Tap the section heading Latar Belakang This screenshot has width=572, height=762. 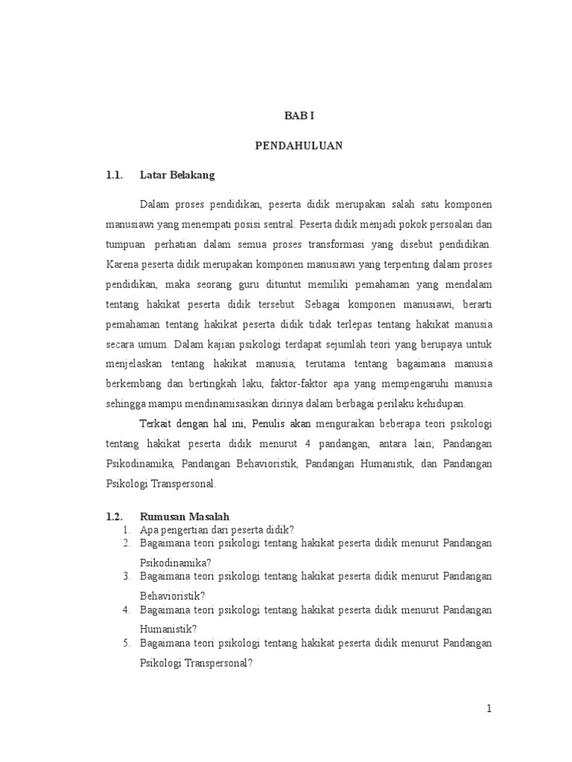pyautogui.click(x=177, y=176)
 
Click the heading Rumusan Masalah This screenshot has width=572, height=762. pyautogui.click(x=184, y=516)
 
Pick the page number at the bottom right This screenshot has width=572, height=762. pyautogui.click(x=489, y=709)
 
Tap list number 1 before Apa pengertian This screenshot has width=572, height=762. pyautogui.click(x=127, y=530)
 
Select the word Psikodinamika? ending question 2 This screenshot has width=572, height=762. pyautogui.click(x=171, y=563)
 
